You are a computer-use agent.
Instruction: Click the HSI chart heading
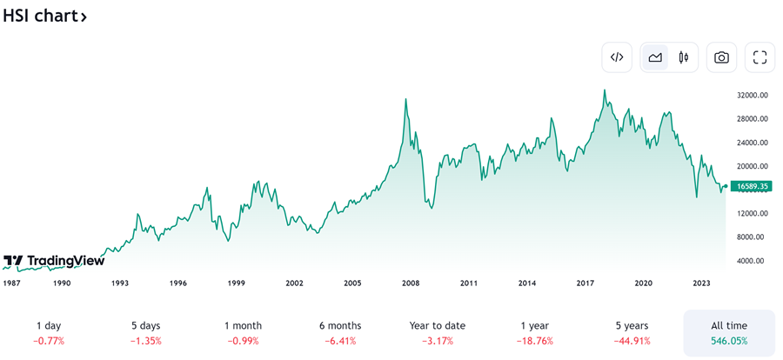(x=43, y=16)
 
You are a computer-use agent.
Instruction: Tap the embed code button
(x=617, y=57)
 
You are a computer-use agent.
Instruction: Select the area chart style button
(x=654, y=57)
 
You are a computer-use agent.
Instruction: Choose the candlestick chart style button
(x=684, y=57)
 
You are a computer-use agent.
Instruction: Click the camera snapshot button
(x=721, y=57)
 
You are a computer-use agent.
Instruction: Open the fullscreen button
(x=760, y=57)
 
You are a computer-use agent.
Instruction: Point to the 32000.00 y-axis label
(x=751, y=95)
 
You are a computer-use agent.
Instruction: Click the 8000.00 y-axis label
(x=751, y=237)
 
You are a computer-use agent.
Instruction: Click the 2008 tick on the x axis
(x=411, y=283)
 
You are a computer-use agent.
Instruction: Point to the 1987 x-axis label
(x=12, y=283)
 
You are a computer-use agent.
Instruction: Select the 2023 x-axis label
(x=702, y=283)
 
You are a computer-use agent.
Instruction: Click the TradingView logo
(x=54, y=261)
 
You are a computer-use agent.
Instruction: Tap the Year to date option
(x=438, y=325)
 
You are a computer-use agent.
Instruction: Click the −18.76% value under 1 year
(x=535, y=341)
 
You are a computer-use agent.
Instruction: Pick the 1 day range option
(x=49, y=325)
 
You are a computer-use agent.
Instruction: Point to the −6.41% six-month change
(x=340, y=341)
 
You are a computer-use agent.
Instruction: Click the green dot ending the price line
(x=726, y=186)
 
